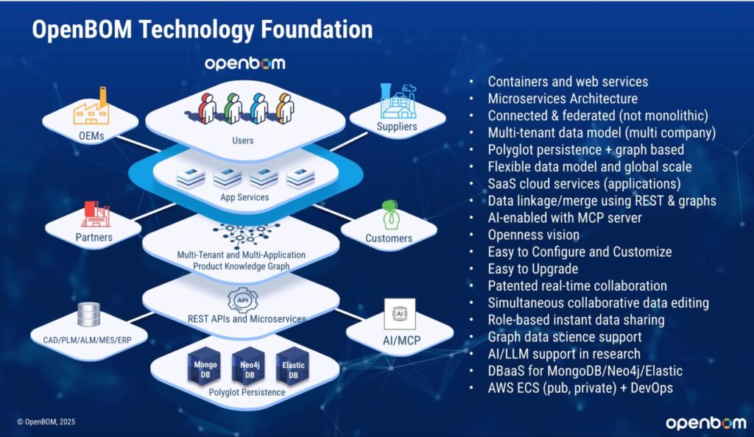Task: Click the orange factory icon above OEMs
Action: point(91,109)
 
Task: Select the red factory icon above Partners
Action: point(95,213)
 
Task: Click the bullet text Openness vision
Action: point(533,235)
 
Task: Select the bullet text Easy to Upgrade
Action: point(532,269)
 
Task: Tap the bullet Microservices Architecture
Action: point(563,98)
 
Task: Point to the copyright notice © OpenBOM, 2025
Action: point(46,422)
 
